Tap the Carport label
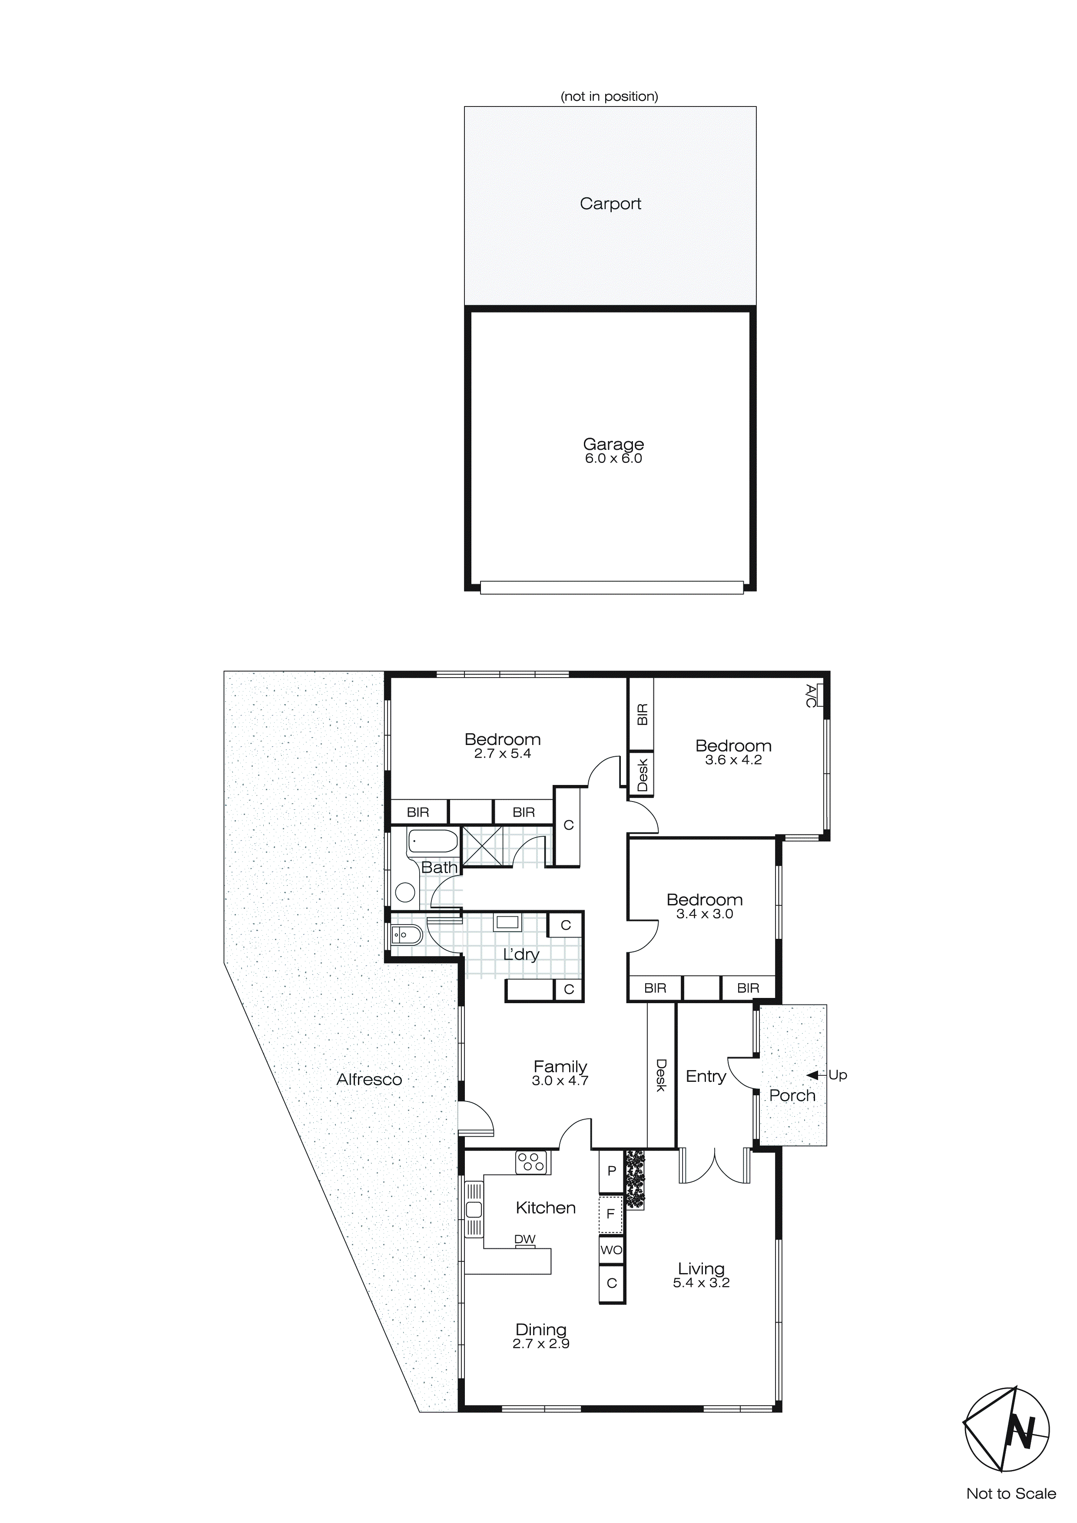(x=610, y=204)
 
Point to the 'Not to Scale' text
(x=1011, y=1494)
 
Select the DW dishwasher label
(x=524, y=1239)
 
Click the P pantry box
(x=611, y=1171)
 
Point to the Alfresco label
(x=369, y=1079)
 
